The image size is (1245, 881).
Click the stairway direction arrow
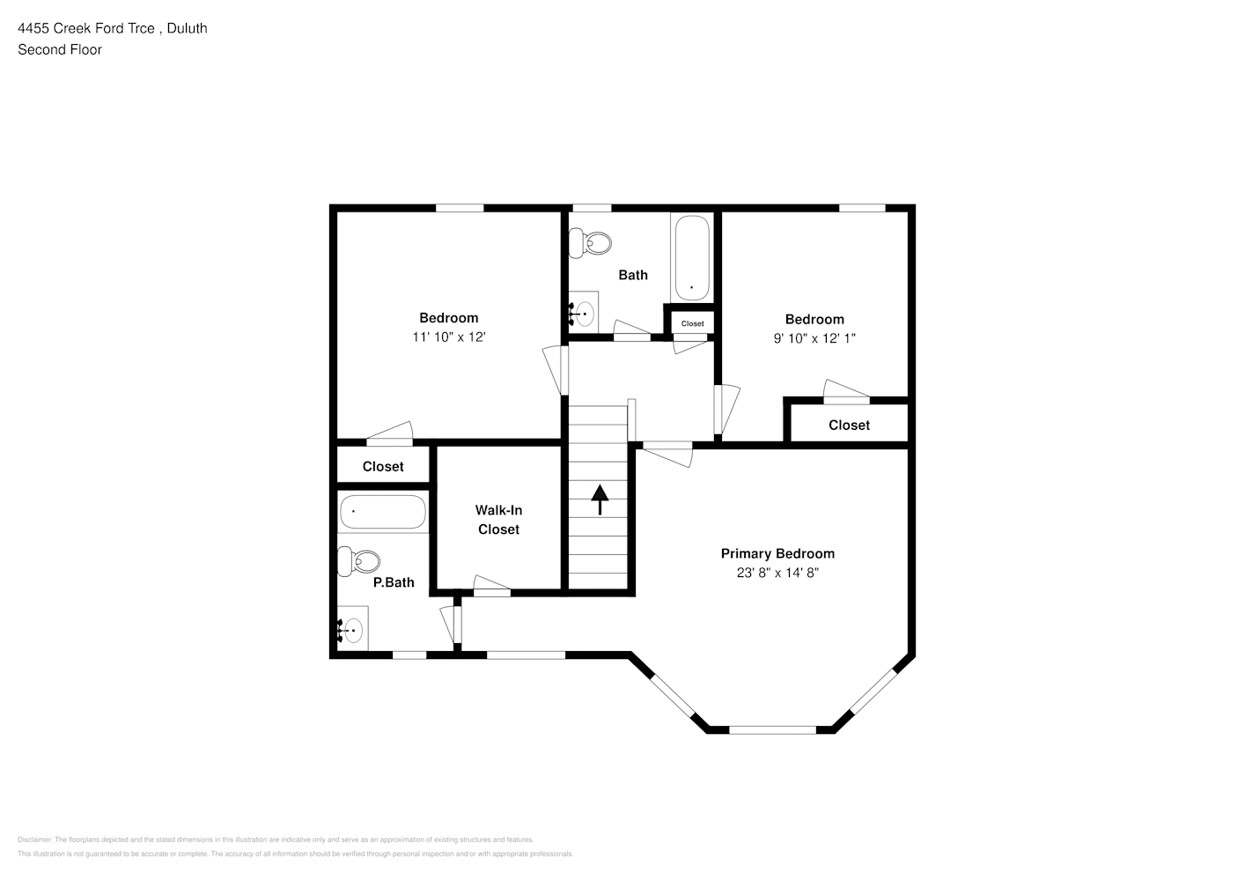(x=600, y=499)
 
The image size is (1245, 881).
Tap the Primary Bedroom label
(x=777, y=553)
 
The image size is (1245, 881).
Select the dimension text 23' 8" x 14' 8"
(x=777, y=573)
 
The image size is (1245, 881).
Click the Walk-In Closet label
(x=498, y=520)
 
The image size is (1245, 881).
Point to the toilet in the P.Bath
(x=359, y=560)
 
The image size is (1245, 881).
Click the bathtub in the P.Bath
(x=383, y=512)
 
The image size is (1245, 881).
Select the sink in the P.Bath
(x=352, y=630)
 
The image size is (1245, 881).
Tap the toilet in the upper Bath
(x=590, y=242)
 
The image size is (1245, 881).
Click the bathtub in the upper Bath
(x=691, y=257)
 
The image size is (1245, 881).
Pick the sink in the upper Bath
(x=583, y=312)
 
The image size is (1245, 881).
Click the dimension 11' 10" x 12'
(x=449, y=337)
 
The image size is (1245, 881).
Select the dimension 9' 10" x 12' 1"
(x=814, y=338)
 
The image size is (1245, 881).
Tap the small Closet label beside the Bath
(x=692, y=323)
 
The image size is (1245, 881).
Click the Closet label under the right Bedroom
(x=849, y=425)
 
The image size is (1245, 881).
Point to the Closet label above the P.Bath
(x=383, y=466)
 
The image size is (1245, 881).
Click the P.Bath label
(x=394, y=582)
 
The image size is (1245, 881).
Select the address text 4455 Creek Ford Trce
(x=87, y=28)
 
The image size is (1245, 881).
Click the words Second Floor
(x=60, y=49)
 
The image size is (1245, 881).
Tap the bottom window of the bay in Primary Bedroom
(x=772, y=729)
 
